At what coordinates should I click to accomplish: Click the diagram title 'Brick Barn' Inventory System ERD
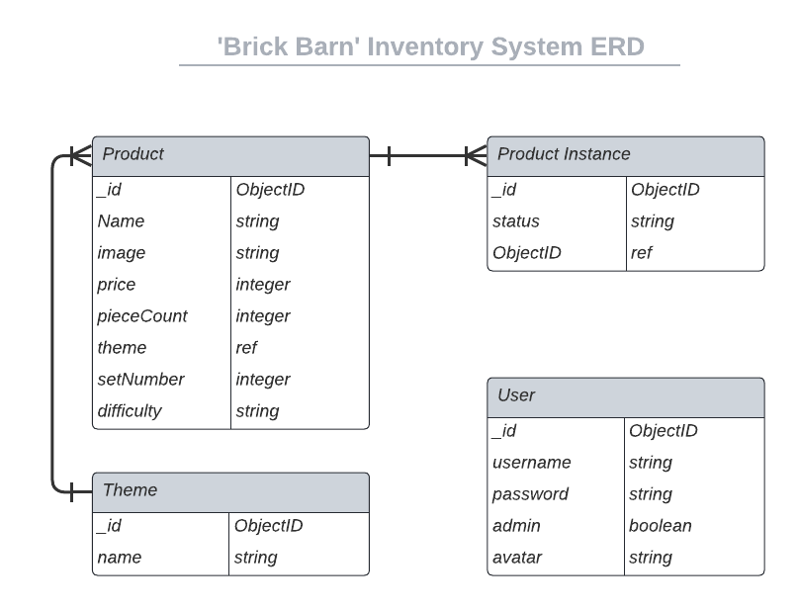click(430, 46)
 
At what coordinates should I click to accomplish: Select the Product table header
click(230, 155)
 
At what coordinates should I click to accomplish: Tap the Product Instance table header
click(625, 155)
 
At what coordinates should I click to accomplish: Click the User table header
click(625, 396)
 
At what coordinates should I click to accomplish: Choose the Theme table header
click(230, 491)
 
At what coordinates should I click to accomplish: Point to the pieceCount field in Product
click(142, 316)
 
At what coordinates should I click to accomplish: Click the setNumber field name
click(140, 380)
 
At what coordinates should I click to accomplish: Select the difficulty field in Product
click(130, 411)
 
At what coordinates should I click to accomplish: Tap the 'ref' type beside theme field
click(246, 348)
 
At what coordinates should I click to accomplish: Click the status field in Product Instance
click(516, 221)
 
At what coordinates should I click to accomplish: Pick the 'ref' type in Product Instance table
click(641, 253)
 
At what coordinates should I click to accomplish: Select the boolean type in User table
click(660, 526)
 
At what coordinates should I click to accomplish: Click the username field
click(532, 463)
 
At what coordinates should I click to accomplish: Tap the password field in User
click(531, 494)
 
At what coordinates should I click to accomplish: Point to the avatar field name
click(517, 558)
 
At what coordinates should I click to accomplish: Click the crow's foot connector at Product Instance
click(475, 155)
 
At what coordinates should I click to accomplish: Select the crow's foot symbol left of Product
click(80, 155)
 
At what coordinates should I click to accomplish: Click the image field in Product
click(122, 253)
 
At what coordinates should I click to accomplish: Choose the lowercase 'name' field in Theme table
click(120, 558)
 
